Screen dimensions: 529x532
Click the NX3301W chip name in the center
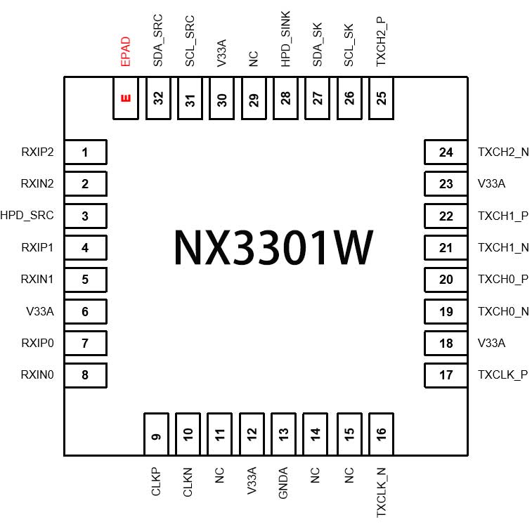pyautogui.click(x=273, y=247)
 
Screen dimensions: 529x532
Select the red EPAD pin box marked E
pyautogui.click(x=126, y=98)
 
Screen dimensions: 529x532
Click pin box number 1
pyautogui.click(x=85, y=152)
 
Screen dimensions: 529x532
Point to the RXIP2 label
pyautogui.click(x=38, y=152)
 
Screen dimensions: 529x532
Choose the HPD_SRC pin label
pyautogui.click(x=27, y=216)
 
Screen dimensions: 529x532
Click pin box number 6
pyautogui.click(x=85, y=311)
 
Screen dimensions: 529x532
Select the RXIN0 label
pyautogui.click(x=38, y=375)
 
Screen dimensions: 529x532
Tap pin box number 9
pyautogui.click(x=157, y=434)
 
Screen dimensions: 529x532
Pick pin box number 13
pyautogui.click(x=284, y=434)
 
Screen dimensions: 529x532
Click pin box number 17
pyautogui.click(x=446, y=375)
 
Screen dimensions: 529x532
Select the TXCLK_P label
pyautogui.click(x=502, y=375)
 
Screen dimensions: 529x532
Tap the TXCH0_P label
pyautogui.click(x=503, y=280)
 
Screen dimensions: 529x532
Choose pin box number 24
pyautogui.click(x=446, y=152)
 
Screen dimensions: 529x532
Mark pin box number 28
pyautogui.click(x=285, y=98)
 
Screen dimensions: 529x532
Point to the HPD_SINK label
pyautogui.click(x=285, y=39)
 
